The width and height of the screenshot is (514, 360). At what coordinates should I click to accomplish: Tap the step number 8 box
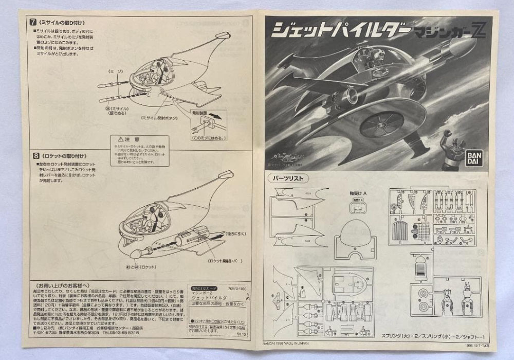[x=36, y=154]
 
